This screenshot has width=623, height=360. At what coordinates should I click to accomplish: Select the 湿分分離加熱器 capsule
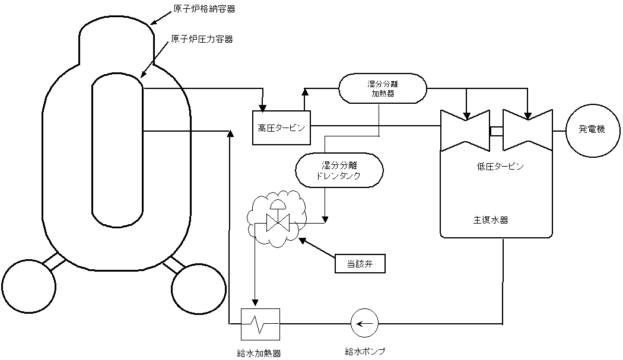[383, 88]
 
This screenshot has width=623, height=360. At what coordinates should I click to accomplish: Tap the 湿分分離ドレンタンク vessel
[336, 170]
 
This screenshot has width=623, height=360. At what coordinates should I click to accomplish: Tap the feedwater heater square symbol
[260, 323]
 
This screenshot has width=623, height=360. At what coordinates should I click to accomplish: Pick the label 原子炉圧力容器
[202, 39]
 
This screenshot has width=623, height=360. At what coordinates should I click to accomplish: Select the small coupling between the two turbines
[496, 130]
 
